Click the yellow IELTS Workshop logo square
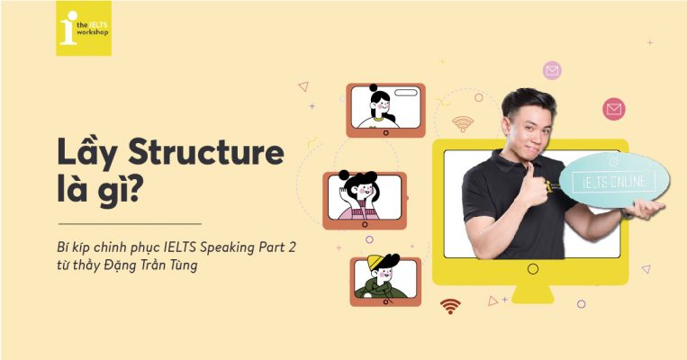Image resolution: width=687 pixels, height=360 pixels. click(84, 28)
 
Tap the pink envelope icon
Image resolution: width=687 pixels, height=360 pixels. click(552, 69)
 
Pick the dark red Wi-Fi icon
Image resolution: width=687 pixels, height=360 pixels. click(450, 306)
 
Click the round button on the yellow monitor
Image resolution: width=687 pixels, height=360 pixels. click(532, 269)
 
